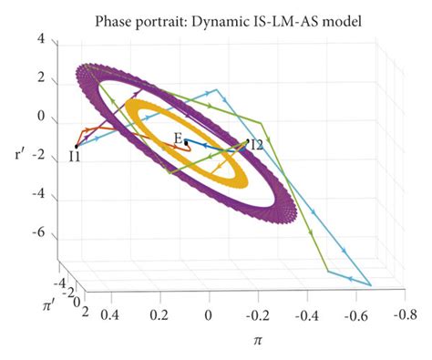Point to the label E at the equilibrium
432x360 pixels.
(179, 138)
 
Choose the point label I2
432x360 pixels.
(257, 144)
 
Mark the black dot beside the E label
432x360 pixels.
(186, 143)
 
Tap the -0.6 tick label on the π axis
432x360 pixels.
(347, 314)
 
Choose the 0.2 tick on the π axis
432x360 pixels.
(160, 314)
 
